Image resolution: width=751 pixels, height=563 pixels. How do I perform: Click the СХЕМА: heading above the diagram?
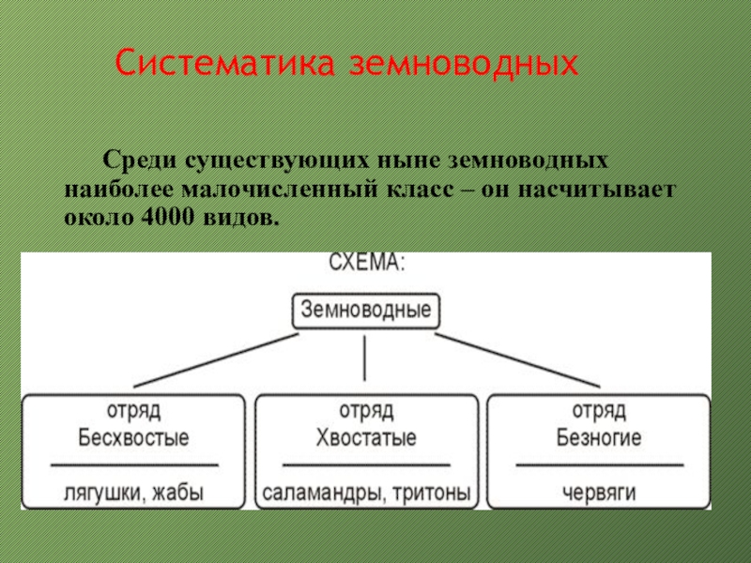366,264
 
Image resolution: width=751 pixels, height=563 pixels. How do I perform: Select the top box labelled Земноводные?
366,310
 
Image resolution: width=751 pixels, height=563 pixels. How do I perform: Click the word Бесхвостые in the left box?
134,437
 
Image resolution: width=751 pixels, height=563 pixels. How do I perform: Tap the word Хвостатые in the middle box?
366,437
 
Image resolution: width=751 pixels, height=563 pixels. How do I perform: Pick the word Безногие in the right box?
599,437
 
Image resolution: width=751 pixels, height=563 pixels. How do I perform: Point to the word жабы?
178,492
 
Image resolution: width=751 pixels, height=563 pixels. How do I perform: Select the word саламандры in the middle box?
314,492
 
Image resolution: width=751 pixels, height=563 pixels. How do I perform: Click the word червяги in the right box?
599,492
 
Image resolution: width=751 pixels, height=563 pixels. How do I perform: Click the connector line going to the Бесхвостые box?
216,358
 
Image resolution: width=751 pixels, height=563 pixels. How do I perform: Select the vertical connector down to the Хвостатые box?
364,357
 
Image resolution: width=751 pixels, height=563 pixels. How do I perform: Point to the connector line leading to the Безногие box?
516,358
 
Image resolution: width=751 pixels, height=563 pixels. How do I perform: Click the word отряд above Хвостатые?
366,411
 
